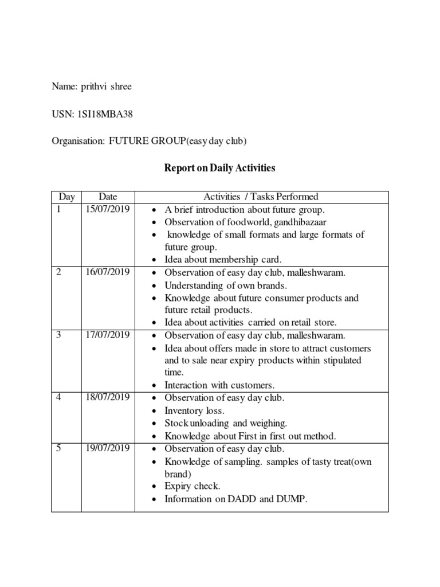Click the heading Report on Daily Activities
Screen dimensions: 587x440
tap(219, 169)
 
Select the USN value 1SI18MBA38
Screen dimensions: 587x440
tap(105, 115)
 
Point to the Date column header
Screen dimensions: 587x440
tap(108, 197)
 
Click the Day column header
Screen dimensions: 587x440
tap(66, 197)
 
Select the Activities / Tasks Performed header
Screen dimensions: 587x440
tap(261, 197)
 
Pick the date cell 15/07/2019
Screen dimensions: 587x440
tap(107, 210)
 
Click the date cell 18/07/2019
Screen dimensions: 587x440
tap(107, 398)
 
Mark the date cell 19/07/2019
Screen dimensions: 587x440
tap(107, 449)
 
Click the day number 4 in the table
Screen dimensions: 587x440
tap(59, 398)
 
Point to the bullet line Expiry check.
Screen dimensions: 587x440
tap(192, 487)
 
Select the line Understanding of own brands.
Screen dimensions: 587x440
tap(226, 285)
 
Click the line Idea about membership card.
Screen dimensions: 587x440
tap(223, 260)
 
